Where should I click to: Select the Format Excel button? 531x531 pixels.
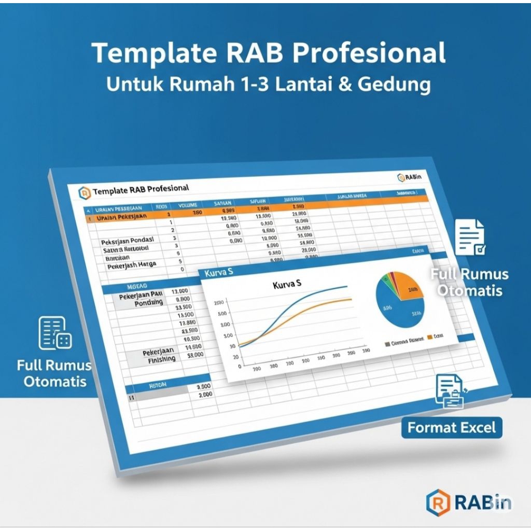[452, 428]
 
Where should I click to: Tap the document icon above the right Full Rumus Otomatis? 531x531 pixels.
[470, 237]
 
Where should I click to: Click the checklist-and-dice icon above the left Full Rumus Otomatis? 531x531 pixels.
[55, 333]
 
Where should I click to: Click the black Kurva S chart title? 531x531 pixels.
[287, 285]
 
